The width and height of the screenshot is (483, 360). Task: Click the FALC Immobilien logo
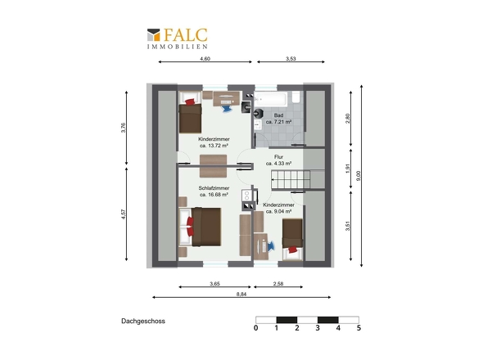pyautogui.click(x=177, y=38)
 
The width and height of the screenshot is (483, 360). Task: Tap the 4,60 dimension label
pyautogui.click(x=205, y=59)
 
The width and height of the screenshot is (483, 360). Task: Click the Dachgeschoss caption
pyautogui.click(x=143, y=321)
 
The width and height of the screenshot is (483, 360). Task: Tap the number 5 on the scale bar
pyautogui.click(x=359, y=328)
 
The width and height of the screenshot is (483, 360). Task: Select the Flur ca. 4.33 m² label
pyautogui.click(x=279, y=160)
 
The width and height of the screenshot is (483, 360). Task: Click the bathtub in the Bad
pyautogui.click(x=271, y=98)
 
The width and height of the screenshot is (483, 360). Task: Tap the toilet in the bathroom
pyautogui.click(x=296, y=97)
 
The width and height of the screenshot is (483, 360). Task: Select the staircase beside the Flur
pyautogui.click(x=291, y=180)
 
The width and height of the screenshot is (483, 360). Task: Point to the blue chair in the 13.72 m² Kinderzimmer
pyautogui.click(x=227, y=108)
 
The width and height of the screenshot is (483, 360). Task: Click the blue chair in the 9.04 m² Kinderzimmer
pyautogui.click(x=270, y=246)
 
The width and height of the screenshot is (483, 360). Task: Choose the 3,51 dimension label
pyautogui.click(x=348, y=226)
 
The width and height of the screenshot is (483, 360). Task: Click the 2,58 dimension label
pyautogui.click(x=278, y=284)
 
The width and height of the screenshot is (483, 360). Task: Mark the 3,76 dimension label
pyautogui.click(x=124, y=128)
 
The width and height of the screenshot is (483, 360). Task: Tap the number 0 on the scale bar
pyautogui.click(x=256, y=328)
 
